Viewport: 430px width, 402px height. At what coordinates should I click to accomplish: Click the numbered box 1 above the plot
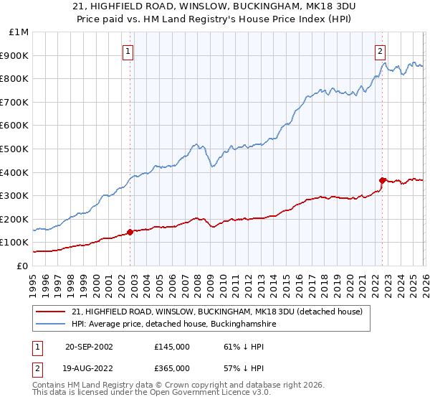click(x=128, y=51)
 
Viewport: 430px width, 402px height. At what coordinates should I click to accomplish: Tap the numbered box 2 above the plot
click(x=380, y=51)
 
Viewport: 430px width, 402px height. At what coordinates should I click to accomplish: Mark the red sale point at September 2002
click(x=130, y=232)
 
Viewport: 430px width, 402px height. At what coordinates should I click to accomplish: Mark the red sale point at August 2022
click(x=382, y=180)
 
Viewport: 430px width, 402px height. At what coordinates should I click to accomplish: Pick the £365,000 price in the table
click(x=172, y=368)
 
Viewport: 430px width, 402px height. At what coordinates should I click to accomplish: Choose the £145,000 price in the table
click(x=172, y=347)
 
